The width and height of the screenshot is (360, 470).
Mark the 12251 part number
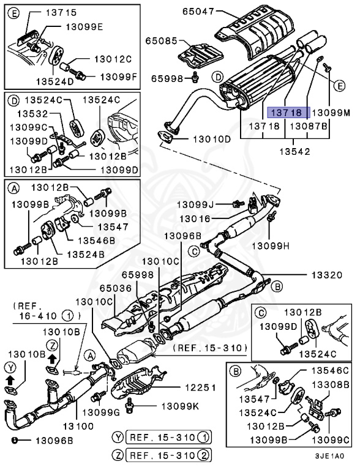coord(194,387)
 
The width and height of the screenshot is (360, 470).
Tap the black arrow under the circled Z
coord(52,357)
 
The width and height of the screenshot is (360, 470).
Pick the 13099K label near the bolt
coord(181,406)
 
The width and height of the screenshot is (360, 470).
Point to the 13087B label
coord(309,126)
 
